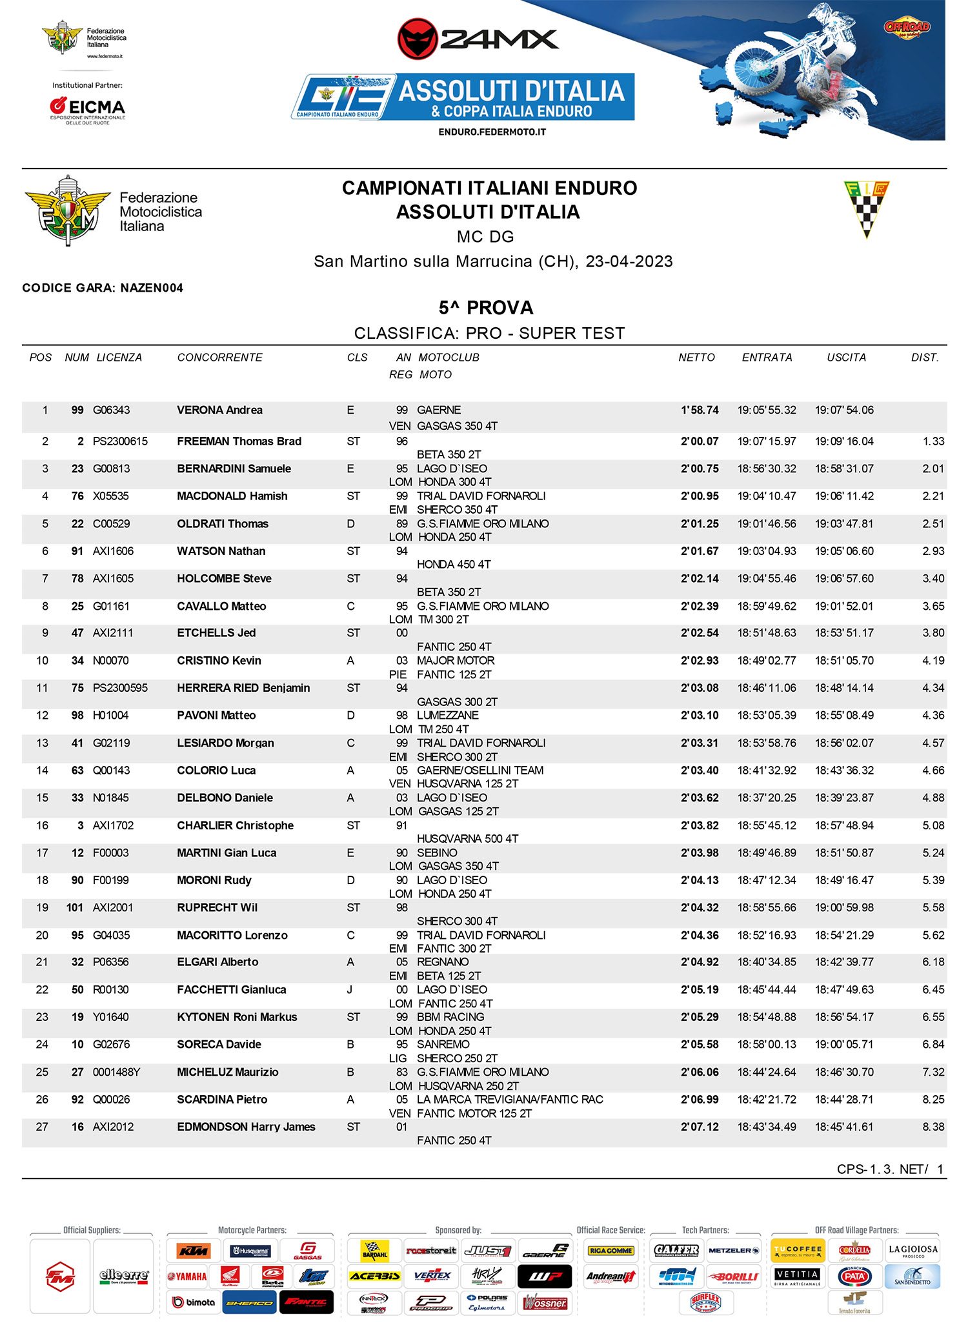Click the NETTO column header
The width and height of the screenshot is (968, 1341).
[x=696, y=358]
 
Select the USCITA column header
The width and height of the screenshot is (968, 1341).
[x=846, y=358]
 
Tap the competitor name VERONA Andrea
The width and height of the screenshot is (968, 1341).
[x=219, y=410]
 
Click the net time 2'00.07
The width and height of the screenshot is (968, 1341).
[x=700, y=441]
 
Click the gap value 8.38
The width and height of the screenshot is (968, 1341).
[x=933, y=1127]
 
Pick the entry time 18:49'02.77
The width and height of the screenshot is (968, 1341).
[x=767, y=661]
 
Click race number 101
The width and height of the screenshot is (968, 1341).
[x=75, y=908]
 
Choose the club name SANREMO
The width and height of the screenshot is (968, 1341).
[x=443, y=1044]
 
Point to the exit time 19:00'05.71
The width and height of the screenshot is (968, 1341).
[x=844, y=1044]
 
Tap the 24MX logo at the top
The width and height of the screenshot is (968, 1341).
[x=478, y=39]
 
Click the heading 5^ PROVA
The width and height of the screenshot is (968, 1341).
[x=486, y=308]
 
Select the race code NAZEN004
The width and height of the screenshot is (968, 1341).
[x=152, y=288]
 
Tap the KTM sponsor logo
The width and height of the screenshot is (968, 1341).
[x=194, y=1251]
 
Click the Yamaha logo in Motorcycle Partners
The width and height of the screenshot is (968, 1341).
[x=188, y=1276]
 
